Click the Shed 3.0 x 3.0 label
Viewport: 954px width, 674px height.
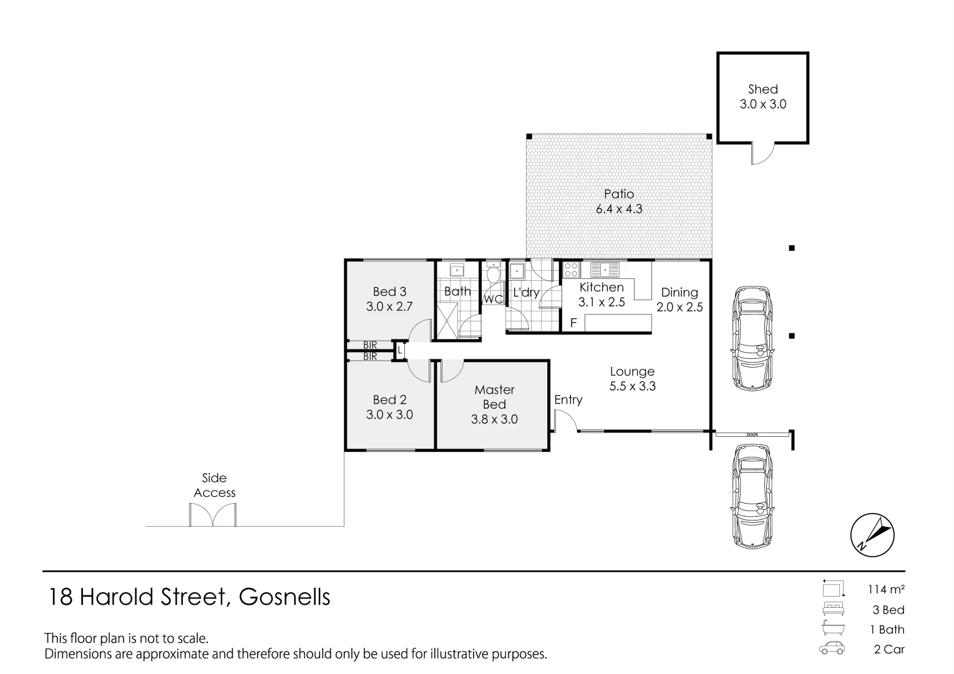[x=762, y=97]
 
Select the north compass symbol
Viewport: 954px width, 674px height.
[x=872, y=536]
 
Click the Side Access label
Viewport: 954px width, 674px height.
[x=214, y=485]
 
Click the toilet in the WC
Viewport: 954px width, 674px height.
[x=493, y=273]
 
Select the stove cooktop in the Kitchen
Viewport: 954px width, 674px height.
[x=570, y=270]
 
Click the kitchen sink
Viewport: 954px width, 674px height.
[x=604, y=270]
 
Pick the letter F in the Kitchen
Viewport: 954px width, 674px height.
[x=573, y=323]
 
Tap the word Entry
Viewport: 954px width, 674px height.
[x=568, y=399]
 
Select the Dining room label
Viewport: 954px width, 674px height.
[x=679, y=292]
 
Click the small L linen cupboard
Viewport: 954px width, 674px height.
[x=400, y=351]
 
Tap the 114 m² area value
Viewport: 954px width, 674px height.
[x=885, y=589]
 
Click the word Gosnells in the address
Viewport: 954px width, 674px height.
[x=285, y=597]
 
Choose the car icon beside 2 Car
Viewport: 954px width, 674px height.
[x=832, y=649]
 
